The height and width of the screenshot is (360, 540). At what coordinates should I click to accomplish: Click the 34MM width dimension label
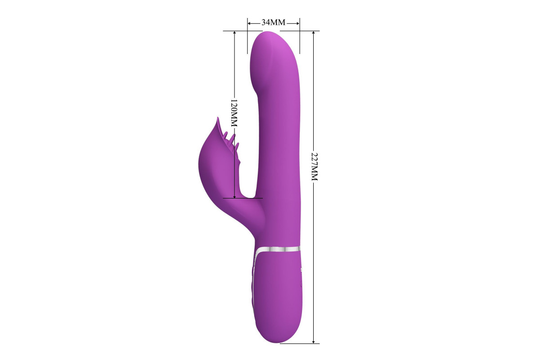pos(274,22)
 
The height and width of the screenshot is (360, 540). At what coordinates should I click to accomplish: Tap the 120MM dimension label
pos(234,112)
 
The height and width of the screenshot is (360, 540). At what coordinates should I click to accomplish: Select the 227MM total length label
pos(315,166)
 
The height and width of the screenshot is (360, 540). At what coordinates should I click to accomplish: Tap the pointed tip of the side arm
pos(218,118)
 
